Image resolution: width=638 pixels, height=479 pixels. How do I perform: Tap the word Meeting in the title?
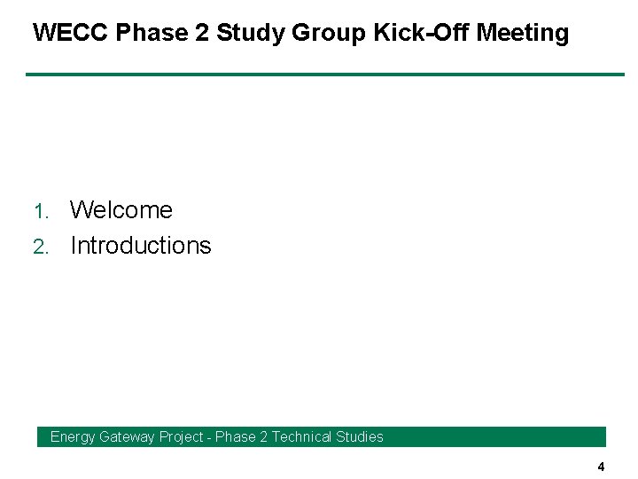pyautogui.click(x=523, y=34)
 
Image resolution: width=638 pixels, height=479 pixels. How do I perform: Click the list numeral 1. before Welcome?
pyautogui.click(x=42, y=212)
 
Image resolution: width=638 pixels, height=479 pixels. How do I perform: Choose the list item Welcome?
pyautogui.click(x=121, y=210)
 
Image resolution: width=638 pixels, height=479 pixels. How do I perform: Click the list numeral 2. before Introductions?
pyautogui.click(x=42, y=247)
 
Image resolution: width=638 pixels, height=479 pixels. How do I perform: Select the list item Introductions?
pyautogui.click(x=141, y=246)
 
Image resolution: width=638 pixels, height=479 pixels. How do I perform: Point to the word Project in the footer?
pyautogui.click(x=181, y=436)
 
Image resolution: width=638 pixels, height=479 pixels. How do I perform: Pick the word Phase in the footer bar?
pyautogui.click(x=235, y=436)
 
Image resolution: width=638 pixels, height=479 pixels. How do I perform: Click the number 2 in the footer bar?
pyautogui.click(x=263, y=436)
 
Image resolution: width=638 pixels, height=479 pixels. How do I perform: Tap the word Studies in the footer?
pyautogui.click(x=362, y=436)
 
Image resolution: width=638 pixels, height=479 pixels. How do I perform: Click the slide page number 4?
pyautogui.click(x=601, y=467)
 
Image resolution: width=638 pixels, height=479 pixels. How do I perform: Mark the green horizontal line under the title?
pyautogui.click(x=324, y=75)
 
